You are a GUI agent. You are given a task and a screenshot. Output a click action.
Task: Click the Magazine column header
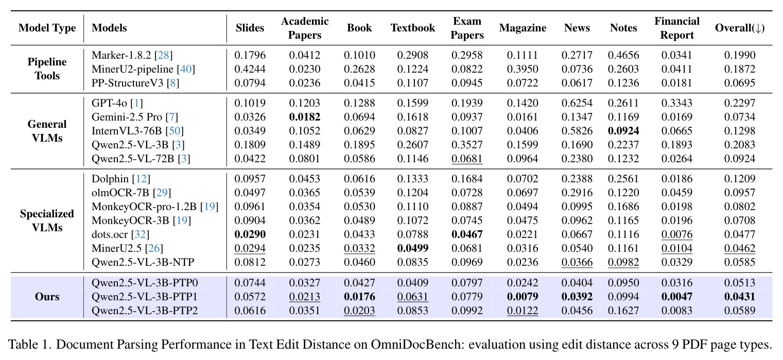tap(523, 28)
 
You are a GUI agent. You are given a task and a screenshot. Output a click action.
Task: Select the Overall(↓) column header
tap(740, 28)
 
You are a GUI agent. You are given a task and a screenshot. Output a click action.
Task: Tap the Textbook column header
tap(413, 28)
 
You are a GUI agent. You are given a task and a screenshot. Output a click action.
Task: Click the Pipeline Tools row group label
tap(47, 69)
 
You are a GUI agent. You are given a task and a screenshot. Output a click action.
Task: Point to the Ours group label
tap(47, 297)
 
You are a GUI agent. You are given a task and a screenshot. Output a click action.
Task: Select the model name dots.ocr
tap(110, 234)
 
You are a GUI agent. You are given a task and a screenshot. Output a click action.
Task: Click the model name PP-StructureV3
tap(127, 83)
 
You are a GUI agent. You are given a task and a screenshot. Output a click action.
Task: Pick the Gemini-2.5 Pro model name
tap(127, 117)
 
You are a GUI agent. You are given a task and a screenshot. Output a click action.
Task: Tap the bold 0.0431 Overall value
tap(740, 297)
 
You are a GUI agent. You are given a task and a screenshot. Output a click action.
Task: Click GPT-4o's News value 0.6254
tap(577, 103)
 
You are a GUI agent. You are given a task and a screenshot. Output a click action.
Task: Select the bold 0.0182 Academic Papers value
tap(305, 117)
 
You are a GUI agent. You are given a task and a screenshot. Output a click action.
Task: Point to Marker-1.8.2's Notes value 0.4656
tap(623, 55)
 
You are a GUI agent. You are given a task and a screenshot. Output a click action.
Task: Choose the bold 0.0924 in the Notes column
tap(623, 131)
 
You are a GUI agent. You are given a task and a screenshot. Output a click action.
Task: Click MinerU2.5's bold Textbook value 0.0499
tap(413, 248)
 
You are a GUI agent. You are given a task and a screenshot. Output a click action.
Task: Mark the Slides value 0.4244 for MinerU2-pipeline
tap(250, 69)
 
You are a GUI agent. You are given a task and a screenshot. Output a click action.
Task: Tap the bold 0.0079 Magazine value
tap(523, 297)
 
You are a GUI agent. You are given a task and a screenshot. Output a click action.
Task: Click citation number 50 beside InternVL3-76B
tap(175, 131)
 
